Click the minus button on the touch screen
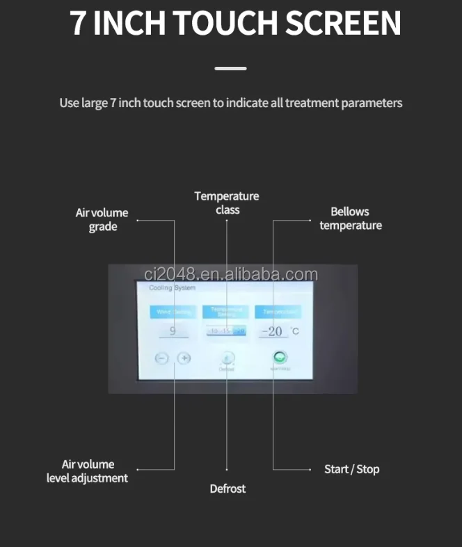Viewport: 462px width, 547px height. [162, 358]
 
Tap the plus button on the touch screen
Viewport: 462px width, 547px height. [184, 358]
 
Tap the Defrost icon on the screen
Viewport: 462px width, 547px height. [228, 358]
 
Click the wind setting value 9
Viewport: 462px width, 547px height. [173, 331]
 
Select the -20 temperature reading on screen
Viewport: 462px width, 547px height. [275, 331]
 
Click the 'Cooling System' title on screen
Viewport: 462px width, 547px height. [173, 287]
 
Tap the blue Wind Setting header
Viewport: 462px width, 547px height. [173, 312]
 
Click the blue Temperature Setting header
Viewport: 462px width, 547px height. [226, 312]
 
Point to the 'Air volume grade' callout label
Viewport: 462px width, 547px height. [102, 220]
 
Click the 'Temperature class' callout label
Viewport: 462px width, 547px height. [227, 203]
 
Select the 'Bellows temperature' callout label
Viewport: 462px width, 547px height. [351, 219]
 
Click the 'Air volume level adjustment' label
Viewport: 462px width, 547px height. [88, 471]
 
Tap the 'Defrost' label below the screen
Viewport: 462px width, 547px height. [228, 489]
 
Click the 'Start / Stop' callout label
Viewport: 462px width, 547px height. [352, 469]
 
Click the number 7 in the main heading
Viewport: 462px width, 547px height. [78, 23]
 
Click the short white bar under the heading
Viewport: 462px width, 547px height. [230, 68]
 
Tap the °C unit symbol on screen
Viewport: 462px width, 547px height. [294, 331]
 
